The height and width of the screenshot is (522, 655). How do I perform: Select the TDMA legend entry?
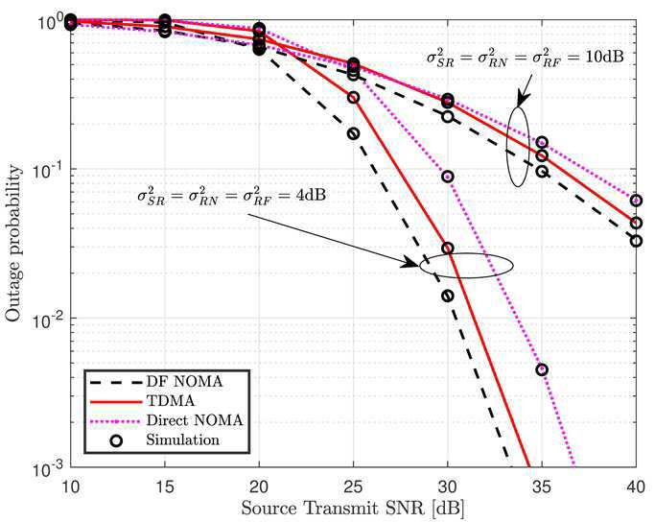click(143, 401)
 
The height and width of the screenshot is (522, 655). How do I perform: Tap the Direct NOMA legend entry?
click(166, 420)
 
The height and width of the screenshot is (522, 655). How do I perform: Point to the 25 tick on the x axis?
click(354, 486)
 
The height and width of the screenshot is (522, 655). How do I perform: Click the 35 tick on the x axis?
click(542, 486)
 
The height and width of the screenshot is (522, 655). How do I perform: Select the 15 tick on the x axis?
click(165, 486)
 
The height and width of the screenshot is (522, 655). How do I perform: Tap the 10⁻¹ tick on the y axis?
click(49, 169)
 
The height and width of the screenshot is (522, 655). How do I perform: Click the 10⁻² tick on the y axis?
click(49, 318)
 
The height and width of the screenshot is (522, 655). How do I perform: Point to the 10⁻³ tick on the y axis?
click(49, 467)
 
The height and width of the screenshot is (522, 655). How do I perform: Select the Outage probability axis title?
click(13, 244)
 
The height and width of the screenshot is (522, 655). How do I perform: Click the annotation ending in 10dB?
click(525, 58)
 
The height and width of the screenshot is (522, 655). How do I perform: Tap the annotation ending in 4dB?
click(231, 196)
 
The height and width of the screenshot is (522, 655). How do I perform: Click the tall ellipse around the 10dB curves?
click(507, 147)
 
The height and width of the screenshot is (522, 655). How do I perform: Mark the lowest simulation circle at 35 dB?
click(542, 369)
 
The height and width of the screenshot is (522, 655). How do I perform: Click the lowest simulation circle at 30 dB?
click(448, 297)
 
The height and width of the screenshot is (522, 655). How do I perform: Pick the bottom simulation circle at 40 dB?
click(636, 241)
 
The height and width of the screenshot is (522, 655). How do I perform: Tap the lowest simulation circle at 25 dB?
click(354, 133)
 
